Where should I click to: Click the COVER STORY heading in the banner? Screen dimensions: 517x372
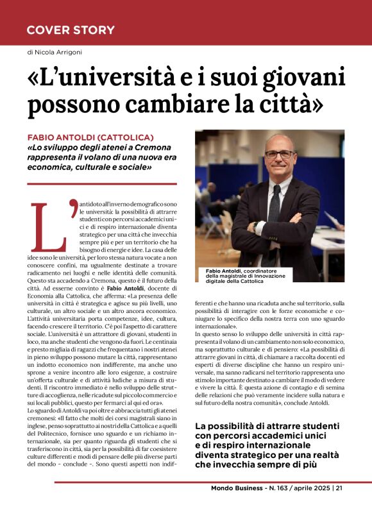coord(71,30)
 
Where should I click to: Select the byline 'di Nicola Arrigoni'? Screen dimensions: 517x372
coord(55,52)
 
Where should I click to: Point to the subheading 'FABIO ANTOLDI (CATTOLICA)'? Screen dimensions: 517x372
coord(90,138)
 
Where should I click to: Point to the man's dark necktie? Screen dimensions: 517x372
coord(275,205)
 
